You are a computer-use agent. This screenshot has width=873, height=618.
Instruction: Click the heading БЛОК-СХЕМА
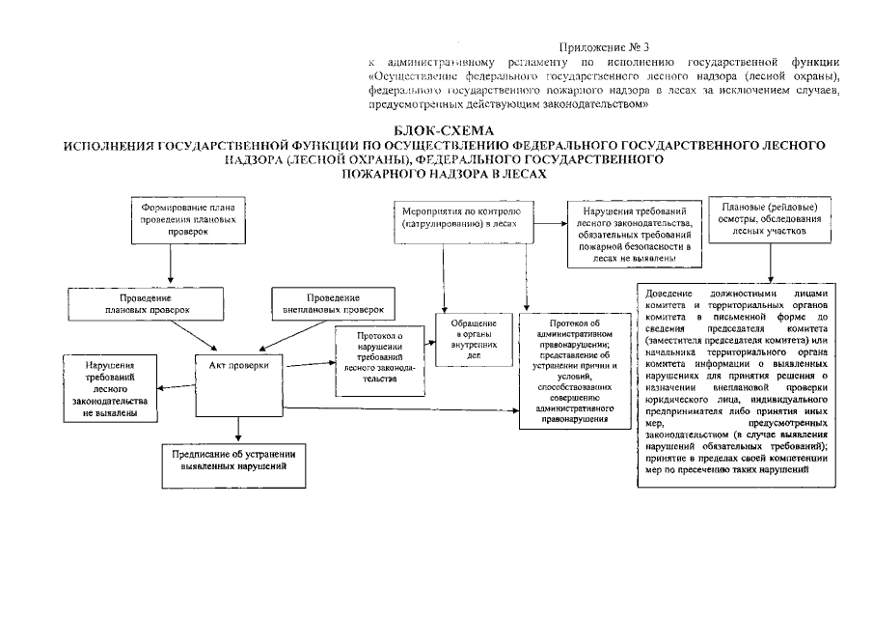coord(444,130)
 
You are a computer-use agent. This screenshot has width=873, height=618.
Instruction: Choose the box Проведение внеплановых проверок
coord(334,304)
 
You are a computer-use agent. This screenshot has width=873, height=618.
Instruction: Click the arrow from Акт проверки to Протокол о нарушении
coord(309,363)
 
